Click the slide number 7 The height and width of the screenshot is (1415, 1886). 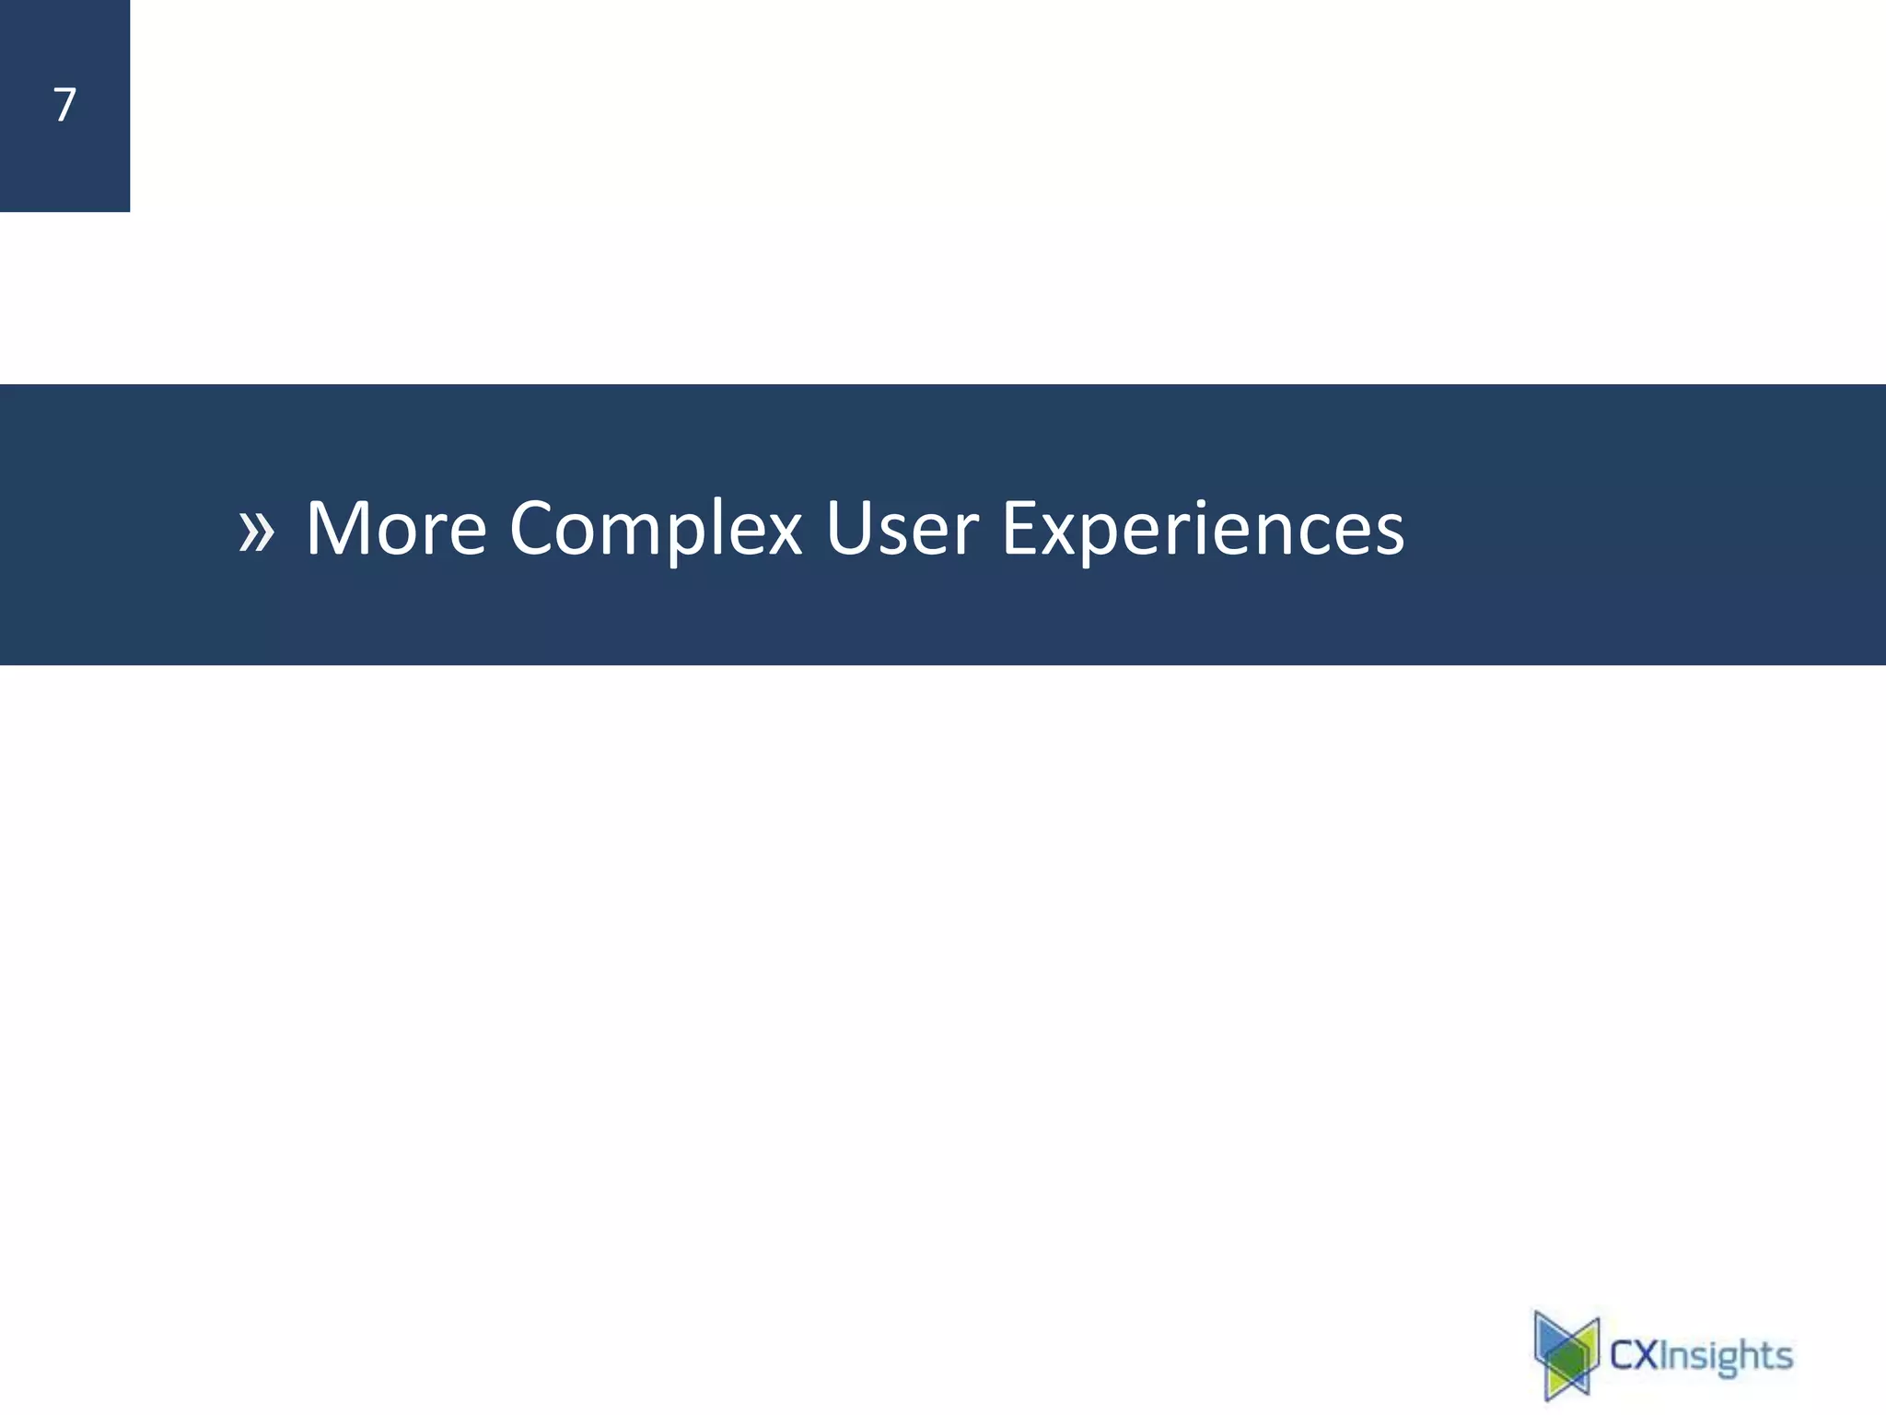(x=64, y=105)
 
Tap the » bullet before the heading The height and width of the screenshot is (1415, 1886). (x=256, y=532)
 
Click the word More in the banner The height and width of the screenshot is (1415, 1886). (x=396, y=528)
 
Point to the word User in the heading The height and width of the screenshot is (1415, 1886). (x=902, y=528)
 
